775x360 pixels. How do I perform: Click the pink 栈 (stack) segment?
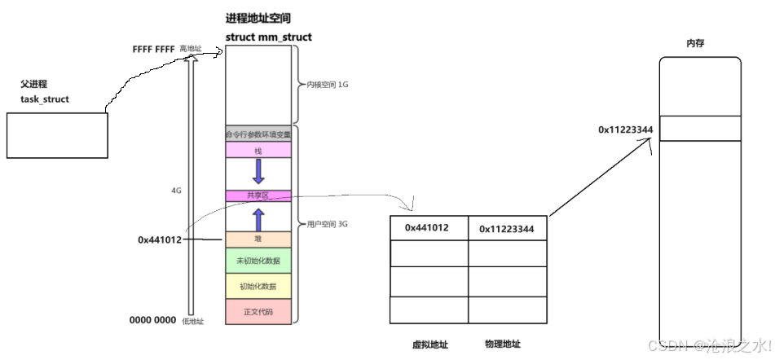(x=258, y=151)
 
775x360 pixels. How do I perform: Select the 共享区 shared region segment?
(x=258, y=195)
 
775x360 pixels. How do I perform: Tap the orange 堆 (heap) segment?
(x=258, y=239)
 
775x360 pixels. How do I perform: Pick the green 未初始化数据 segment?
(x=258, y=261)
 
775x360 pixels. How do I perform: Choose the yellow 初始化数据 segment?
(x=258, y=286)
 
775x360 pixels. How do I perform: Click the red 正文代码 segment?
(x=258, y=312)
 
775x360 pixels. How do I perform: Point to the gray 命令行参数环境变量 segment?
(x=258, y=134)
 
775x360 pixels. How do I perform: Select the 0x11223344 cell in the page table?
(x=506, y=229)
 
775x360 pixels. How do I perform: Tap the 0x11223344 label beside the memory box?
(x=627, y=130)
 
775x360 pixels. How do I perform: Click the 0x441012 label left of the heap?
(x=159, y=240)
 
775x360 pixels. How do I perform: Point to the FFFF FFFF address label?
(x=154, y=50)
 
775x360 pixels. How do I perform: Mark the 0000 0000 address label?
(x=152, y=320)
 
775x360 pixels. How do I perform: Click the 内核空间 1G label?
(x=325, y=84)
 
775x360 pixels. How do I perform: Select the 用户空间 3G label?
(x=325, y=223)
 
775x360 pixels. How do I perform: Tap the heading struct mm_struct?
(x=268, y=37)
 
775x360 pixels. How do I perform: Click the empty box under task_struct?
(x=57, y=135)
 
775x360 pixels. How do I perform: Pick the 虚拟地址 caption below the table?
(x=428, y=344)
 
